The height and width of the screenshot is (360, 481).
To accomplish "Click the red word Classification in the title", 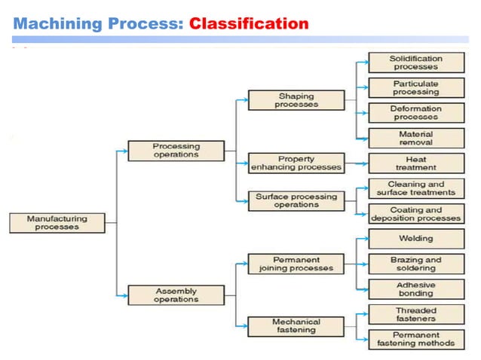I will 248,24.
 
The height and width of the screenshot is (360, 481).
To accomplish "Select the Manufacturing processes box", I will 57,223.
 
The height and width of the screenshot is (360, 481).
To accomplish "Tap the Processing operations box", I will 176,150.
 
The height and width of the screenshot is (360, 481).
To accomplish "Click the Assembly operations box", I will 176,294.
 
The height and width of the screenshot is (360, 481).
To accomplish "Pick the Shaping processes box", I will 296,100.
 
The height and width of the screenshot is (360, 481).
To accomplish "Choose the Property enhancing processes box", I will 296,163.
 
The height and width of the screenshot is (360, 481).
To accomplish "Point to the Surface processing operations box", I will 296,200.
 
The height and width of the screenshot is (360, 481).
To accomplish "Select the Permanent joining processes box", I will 296,264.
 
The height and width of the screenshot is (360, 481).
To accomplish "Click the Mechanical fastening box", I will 296,326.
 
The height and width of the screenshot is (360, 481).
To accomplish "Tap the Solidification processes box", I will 415,63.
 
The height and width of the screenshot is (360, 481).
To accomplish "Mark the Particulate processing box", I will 415,88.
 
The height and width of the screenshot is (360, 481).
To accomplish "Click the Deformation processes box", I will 415,113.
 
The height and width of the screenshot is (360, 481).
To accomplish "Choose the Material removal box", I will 415,139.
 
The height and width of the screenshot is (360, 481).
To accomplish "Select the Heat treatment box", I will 415,163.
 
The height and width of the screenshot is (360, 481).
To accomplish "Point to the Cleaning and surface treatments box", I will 415,188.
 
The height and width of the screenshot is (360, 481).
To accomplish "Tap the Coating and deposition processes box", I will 415,214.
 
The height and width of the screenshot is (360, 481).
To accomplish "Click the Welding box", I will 415,239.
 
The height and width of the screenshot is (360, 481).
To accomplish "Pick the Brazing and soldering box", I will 415,264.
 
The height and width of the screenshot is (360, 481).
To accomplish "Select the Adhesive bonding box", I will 415,289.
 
